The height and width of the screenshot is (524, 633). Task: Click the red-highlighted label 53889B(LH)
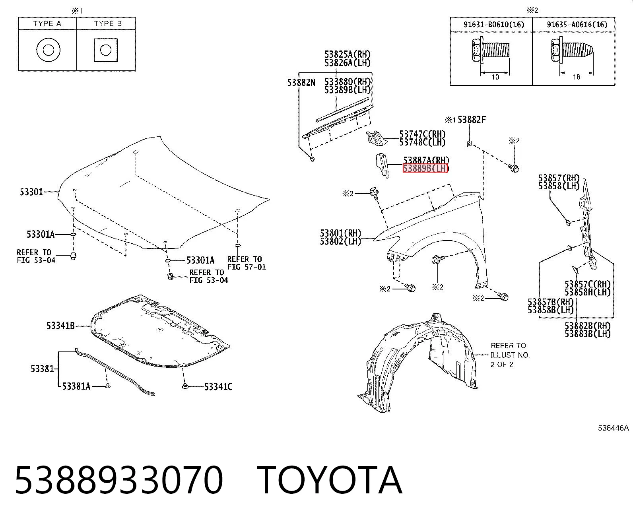click(425, 168)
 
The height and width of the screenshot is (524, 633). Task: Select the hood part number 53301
click(31, 192)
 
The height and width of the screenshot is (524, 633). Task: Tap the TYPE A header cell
click(47, 23)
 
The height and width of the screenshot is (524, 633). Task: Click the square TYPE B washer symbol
click(105, 50)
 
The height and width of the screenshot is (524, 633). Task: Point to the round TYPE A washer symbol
click(48, 50)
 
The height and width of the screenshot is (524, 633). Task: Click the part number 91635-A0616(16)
click(577, 24)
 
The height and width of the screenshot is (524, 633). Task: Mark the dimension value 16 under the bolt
click(576, 77)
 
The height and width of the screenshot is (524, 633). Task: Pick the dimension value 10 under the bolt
click(495, 77)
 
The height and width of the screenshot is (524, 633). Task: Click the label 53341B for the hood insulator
click(60, 326)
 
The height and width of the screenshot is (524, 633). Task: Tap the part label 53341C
click(218, 386)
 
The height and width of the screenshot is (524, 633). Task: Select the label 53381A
click(76, 386)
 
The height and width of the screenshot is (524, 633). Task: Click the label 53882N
click(301, 82)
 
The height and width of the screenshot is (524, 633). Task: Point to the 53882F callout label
click(472, 120)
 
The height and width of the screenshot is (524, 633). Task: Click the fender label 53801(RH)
click(340, 233)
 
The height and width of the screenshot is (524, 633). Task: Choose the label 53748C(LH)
click(422, 142)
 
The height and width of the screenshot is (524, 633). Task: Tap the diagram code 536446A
click(613, 428)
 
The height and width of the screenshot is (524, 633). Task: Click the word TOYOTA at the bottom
click(330, 480)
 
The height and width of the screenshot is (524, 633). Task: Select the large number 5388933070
click(119, 480)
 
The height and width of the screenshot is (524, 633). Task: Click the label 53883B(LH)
click(588, 334)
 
